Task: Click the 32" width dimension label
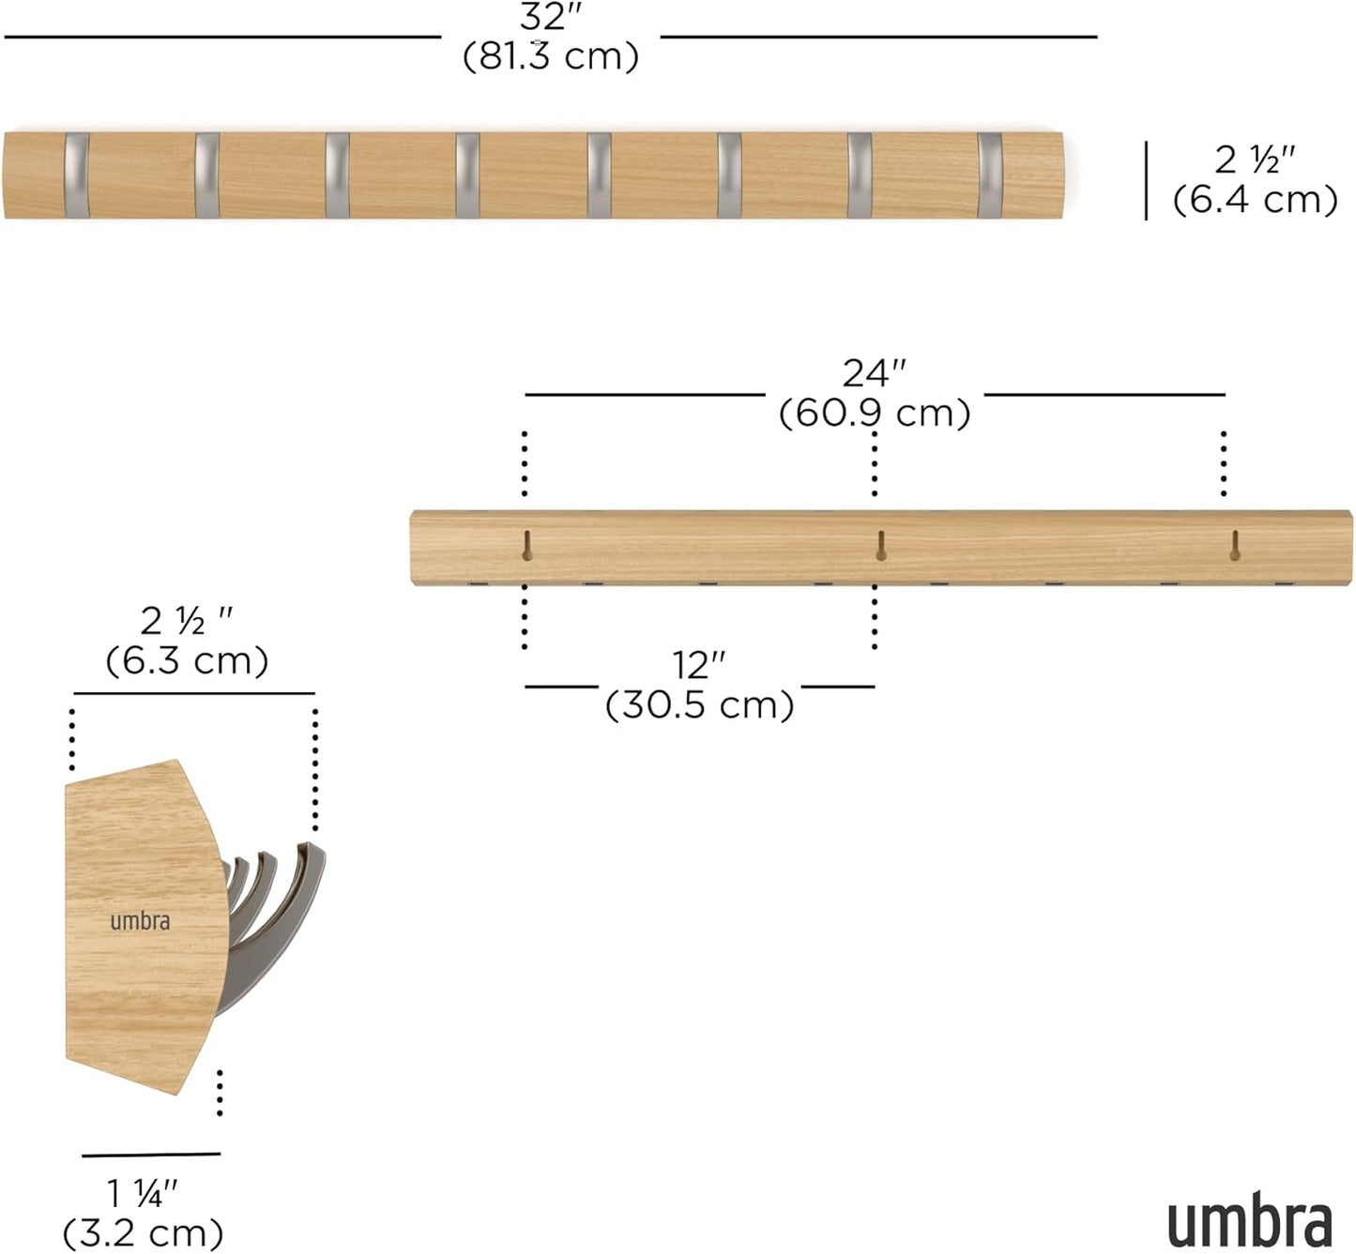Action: coord(551,18)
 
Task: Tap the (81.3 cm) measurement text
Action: coord(551,56)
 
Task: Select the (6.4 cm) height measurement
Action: coord(1255,200)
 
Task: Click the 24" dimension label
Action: coord(874,373)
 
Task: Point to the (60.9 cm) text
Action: coord(875,413)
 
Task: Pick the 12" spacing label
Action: coord(699,665)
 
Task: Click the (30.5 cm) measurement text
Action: coord(699,704)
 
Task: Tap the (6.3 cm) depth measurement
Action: coord(187,660)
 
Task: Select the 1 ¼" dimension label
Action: coord(142,1194)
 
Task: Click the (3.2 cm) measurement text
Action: coord(143,1232)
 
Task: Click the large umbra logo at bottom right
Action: coord(1249,1222)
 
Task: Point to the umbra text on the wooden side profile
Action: coord(140,921)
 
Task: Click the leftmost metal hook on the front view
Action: coord(77,175)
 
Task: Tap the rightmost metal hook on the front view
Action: coord(989,175)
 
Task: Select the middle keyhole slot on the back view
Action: coord(880,545)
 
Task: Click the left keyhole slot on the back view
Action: coord(527,545)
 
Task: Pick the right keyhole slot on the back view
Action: coord(1234,545)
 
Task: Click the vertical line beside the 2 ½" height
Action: coord(1146,180)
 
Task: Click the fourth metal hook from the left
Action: coord(467,175)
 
